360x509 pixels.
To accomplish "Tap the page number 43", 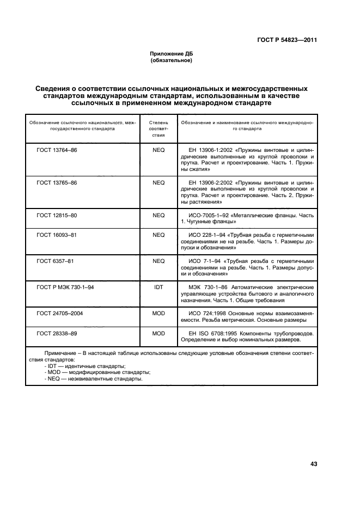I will click(x=313, y=464).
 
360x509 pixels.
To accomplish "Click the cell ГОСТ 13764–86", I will click(x=57, y=149).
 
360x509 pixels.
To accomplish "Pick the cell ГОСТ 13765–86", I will click(x=57, y=182).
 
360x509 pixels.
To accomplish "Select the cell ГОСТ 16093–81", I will click(x=57, y=235).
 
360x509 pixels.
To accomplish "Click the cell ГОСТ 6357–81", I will click(x=55, y=261).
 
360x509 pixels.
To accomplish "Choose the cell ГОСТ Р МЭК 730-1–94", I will click(x=65, y=287).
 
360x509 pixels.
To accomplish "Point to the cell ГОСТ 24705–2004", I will click(x=60, y=314).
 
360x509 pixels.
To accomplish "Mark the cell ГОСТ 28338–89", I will click(x=57, y=333).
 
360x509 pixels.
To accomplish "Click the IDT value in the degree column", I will click(x=158, y=287).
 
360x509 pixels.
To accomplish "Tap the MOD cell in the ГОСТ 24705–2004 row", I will click(x=158, y=314).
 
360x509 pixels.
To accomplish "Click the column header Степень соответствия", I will click(x=158, y=129).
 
